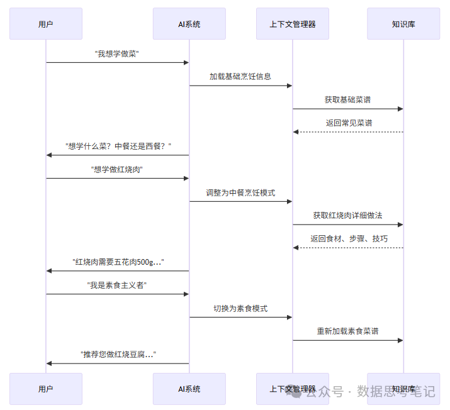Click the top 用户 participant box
45,24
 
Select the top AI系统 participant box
189,24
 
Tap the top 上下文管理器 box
292,24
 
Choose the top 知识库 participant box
403,24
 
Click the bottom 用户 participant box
45,389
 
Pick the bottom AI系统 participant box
189,389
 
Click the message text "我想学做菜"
117,54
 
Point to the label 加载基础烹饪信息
240,77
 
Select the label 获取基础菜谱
348,100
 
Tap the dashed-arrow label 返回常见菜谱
348,123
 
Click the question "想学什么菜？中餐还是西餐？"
118,146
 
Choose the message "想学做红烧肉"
117,169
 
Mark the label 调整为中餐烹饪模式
240,192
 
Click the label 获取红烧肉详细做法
348,216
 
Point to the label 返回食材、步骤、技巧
348,239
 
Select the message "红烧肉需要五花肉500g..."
118,262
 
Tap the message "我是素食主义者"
117,285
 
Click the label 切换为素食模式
240,308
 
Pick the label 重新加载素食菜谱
348,331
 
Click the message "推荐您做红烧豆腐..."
118,355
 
